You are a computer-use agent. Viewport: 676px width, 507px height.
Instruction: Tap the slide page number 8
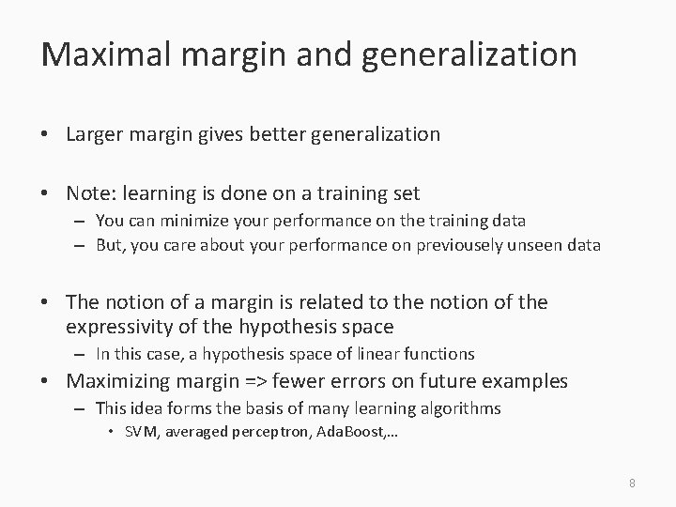[632, 483]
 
